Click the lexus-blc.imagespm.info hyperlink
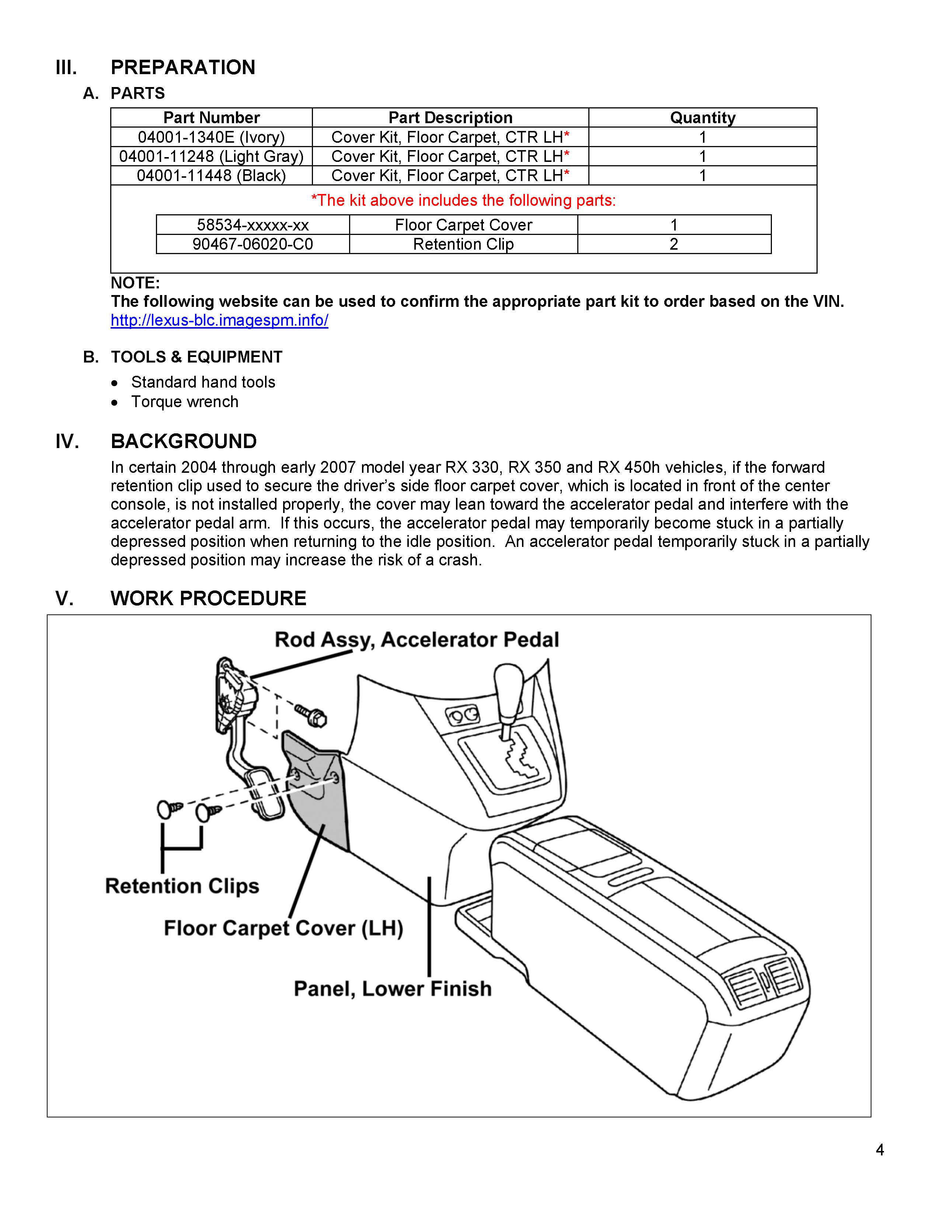(x=219, y=320)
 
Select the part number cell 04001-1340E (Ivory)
(x=211, y=137)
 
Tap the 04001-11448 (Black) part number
(x=211, y=176)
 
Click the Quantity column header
(x=702, y=118)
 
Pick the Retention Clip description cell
(x=463, y=244)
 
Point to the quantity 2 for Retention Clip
(x=674, y=244)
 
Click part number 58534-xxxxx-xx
(x=253, y=225)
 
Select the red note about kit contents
(x=463, y=201)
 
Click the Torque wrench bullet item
(x=185, y=402)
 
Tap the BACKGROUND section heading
(x=184, y=441)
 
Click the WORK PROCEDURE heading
(x=208, y=599)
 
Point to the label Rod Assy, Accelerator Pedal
(x=417, y=640)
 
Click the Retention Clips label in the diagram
(x=182, y=886)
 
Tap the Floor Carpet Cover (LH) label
(x=283, y=928)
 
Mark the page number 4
(x=880, y=1150)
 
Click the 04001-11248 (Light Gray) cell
(x=211, y=157)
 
